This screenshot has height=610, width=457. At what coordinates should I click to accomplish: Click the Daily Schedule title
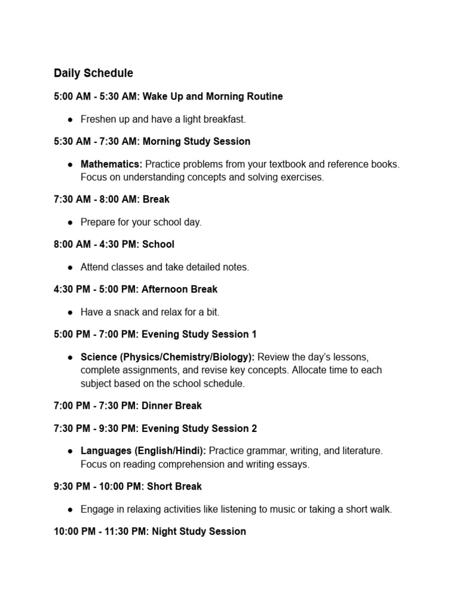[x=93, y=73]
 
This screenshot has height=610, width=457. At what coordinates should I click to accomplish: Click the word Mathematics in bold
[x=111, y=164]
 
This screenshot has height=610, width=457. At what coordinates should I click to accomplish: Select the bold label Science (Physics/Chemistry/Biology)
[x=168, y=357]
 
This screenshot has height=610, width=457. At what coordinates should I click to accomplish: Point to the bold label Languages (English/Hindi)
[x=143, y=451]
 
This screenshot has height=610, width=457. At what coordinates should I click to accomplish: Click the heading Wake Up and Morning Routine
[x=212, y=97]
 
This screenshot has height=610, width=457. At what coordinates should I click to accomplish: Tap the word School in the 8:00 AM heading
[x=158, y=244]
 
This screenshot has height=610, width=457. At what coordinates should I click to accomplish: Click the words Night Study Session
[x=199, y=531]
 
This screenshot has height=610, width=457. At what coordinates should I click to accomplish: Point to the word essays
[x=296, y=465]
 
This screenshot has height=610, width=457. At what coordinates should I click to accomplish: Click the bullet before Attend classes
[x=70, y=267]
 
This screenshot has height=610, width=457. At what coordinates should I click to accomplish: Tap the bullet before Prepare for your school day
[x=70, y=222]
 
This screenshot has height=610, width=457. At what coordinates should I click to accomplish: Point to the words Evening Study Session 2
[x=199, y=428]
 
